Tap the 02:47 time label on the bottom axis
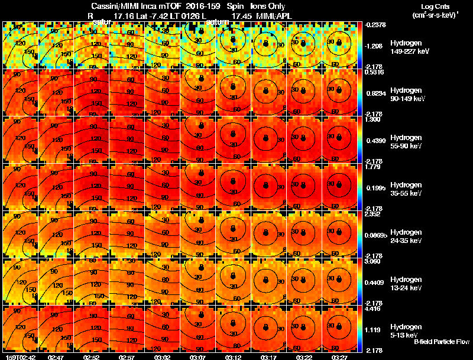[56, 356]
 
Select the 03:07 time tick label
[198, 356]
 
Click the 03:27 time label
[340, 356]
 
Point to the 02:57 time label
[127, 356]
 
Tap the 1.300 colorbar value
[374, 119]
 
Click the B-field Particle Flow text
[441, 342]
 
